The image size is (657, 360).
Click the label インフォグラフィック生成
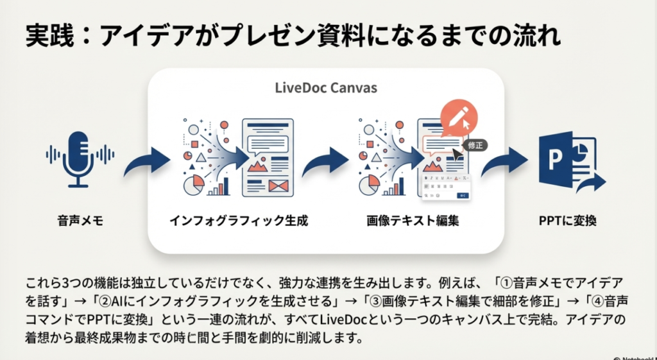[x=239, y=221]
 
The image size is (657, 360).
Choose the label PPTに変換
[x=568, y=221]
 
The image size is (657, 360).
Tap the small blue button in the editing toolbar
[x=463, y=195]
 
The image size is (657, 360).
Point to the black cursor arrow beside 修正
[x=459, y=155]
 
